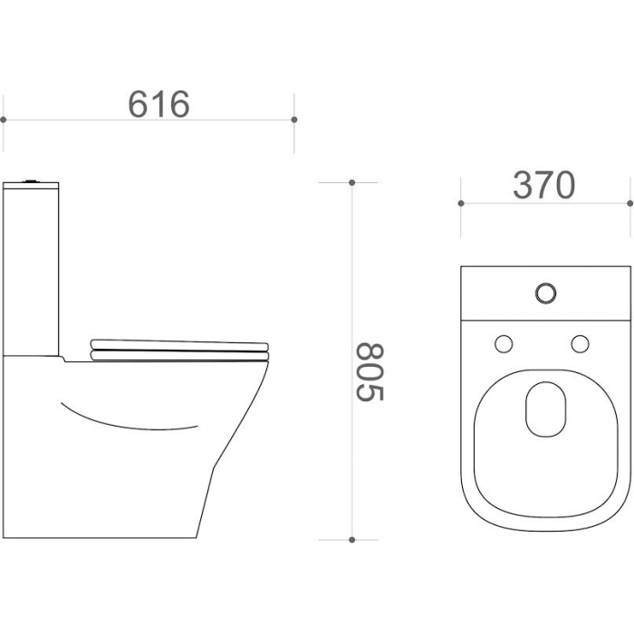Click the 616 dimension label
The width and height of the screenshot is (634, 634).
[158, 104]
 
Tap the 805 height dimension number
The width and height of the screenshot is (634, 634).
[370, 372]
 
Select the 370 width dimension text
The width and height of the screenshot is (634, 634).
[543, 185]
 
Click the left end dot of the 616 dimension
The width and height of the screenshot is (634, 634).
[4, 120]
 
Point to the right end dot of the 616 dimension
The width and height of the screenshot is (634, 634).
[294, 120]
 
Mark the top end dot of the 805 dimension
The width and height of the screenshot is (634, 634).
[351, 183]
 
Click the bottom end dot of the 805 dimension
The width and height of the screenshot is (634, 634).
[351, 540]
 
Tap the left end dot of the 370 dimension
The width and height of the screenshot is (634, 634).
[461, 203]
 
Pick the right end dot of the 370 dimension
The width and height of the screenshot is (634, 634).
[630, 203]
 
